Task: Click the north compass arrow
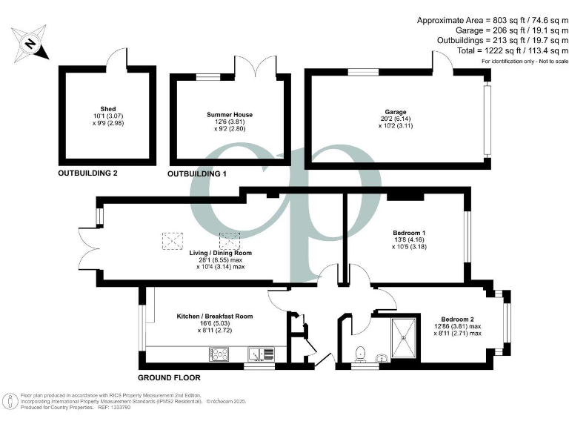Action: click(30, 44)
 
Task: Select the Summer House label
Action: click(229, 115)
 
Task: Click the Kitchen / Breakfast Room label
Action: click(214, 317)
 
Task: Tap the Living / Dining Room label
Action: click(220, 253)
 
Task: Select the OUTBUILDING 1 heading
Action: click(197, 174)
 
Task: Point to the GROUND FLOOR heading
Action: click(172, 377)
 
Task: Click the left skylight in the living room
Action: click(173, 241)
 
